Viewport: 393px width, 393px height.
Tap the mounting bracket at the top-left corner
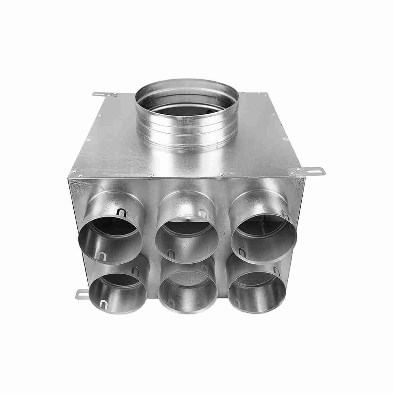tap(104, 95)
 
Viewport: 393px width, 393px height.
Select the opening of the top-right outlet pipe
tap(264, 236)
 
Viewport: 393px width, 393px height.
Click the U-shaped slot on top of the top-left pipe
tap(122, 213)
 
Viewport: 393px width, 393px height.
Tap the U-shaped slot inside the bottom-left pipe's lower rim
tap(104, 304)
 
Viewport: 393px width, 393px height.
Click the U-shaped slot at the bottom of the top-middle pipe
tap(171, 253)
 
